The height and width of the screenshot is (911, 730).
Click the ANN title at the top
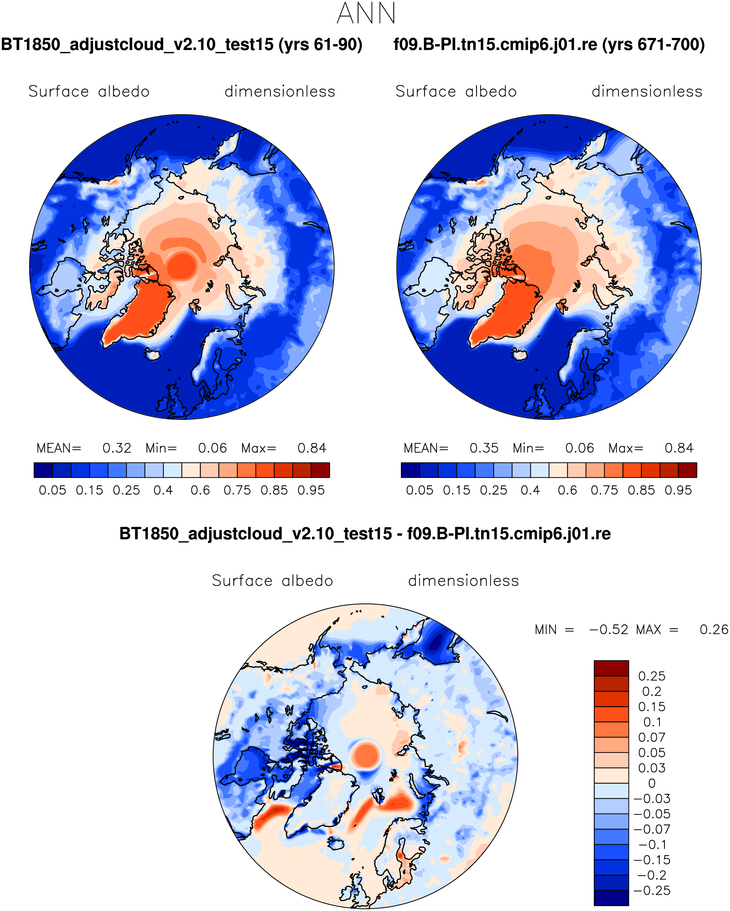[366, 13]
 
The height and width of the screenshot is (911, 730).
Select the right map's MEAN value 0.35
[484, 448]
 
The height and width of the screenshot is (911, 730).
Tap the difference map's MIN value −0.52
[609, 630]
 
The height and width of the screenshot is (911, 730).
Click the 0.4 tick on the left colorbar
[163, 490]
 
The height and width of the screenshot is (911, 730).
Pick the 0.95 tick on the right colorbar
[678, 490]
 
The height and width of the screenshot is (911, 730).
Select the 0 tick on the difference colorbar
[652, 783]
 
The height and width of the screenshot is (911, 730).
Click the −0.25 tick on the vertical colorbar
[652, 891]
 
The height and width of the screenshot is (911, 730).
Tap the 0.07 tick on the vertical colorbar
[652, 737]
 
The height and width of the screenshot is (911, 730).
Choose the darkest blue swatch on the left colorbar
[43, 470]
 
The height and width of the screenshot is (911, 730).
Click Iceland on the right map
[520, 354]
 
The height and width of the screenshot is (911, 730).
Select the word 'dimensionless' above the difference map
[463, 581]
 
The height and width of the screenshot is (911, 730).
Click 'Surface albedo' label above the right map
[456, 91]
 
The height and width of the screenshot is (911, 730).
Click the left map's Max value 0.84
[312, 448]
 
